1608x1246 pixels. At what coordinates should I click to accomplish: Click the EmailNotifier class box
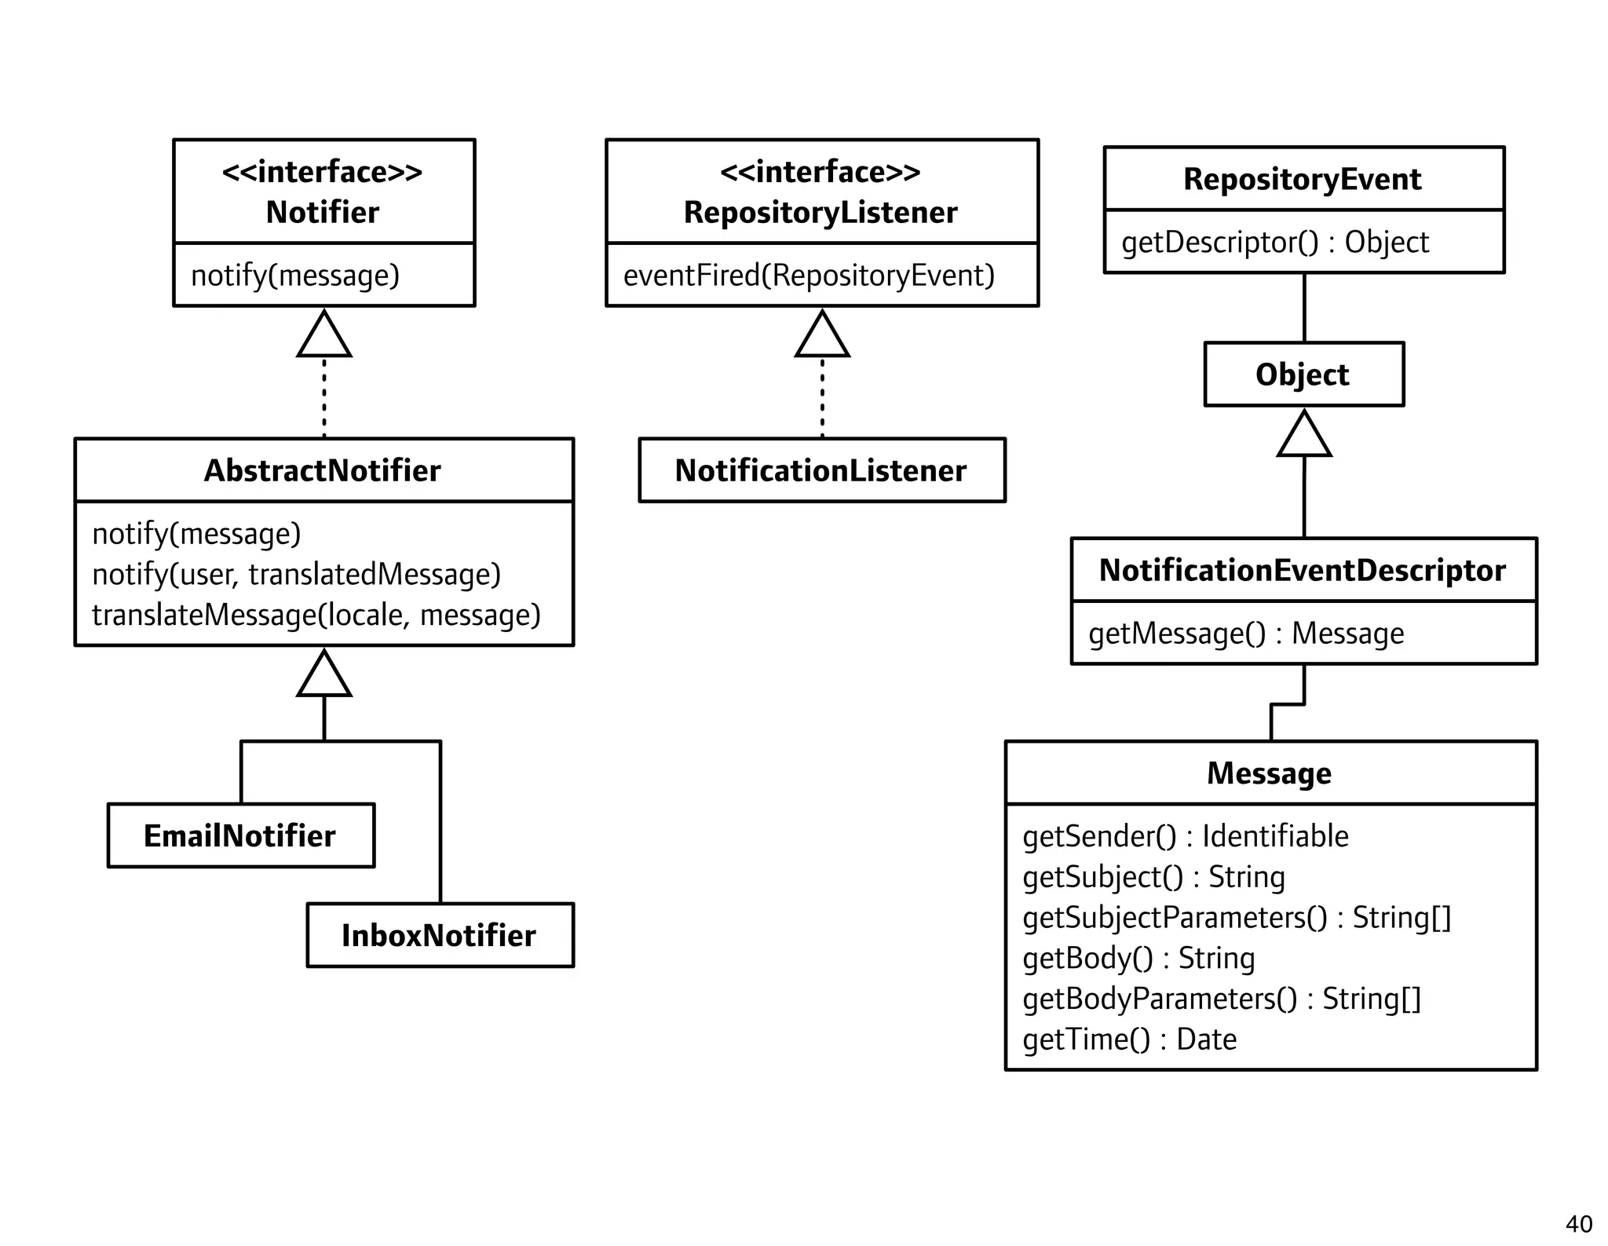240,835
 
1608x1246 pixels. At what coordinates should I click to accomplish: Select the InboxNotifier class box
440,935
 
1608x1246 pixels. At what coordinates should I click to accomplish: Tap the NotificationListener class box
821,470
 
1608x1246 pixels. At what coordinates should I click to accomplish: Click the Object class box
1303,375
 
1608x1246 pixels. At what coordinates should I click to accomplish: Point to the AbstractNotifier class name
323,470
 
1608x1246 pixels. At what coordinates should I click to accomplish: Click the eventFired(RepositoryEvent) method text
809,276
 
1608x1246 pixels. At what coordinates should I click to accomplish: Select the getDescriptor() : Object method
1274,243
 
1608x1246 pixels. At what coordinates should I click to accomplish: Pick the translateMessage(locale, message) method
316,615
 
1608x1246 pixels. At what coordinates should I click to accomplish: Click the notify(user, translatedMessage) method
296,574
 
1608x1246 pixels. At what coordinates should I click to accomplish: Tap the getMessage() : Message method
1246,634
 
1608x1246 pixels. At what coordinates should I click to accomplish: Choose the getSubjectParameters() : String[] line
1237,918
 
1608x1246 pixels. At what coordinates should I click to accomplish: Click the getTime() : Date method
1129,1040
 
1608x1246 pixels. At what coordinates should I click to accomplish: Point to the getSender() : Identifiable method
1185,836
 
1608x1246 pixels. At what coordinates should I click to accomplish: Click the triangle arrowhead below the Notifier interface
324,337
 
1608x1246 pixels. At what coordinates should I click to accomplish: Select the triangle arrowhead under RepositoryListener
822,337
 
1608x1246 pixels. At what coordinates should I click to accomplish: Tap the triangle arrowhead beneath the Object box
1304,436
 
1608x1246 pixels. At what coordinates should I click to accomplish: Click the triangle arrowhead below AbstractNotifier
324,676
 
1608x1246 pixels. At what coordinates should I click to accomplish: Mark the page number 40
1578,1224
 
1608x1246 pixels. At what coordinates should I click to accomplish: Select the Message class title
1269,773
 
